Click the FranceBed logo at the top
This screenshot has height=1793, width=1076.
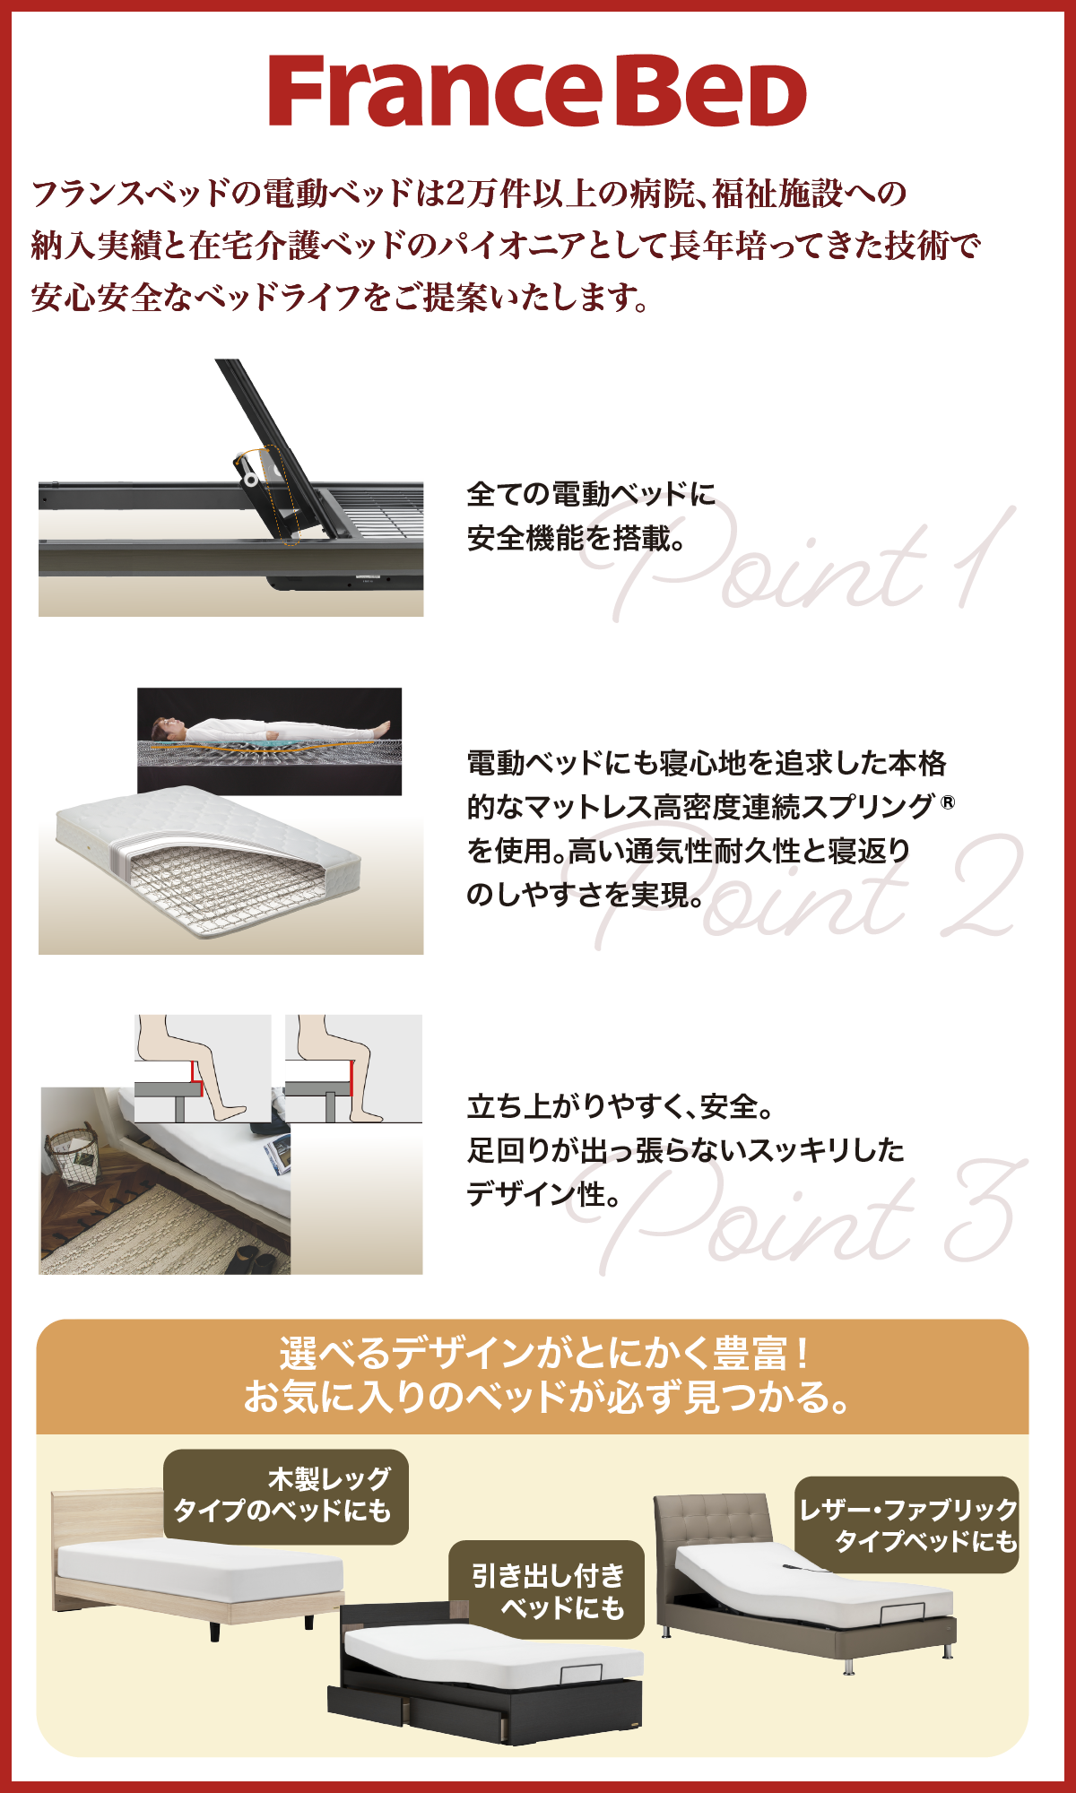(537, 91)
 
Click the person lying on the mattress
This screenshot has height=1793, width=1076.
(270, 730)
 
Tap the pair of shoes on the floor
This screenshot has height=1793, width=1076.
(251, 1260)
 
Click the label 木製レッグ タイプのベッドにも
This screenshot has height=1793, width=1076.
(285, 1497)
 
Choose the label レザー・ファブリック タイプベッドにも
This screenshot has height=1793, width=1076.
(907, 1525)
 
